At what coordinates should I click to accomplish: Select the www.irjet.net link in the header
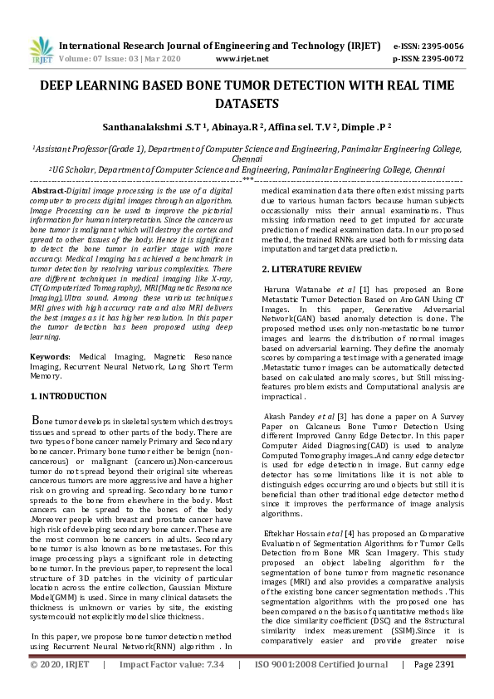[242, 60]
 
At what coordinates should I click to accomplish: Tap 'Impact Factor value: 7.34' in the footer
[172, 688]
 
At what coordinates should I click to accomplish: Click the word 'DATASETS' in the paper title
[246, 104]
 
